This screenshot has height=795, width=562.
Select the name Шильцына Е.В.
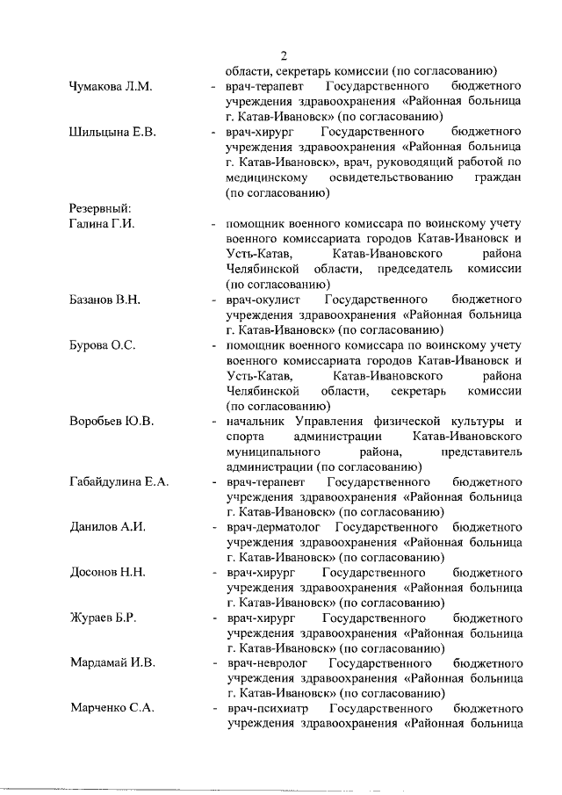pyautogui.click(x=112, y=133)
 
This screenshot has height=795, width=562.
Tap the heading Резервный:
pyautogui.click(x=100, y=209)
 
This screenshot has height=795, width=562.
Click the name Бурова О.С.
pyautogui.click(x=102, y=345)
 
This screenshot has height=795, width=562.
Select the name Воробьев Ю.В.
pyautogui.click(x=112, y=422)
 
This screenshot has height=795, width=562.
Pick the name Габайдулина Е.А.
pyautogui.click(x=119, y=482)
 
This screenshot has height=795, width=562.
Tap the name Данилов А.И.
pyautogui.click(x=106, y=528)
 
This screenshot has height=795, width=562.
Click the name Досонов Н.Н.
pyautogui.click(x=107, y=574)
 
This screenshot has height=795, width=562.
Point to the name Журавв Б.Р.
pyautogui.click(x=103, y=619)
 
